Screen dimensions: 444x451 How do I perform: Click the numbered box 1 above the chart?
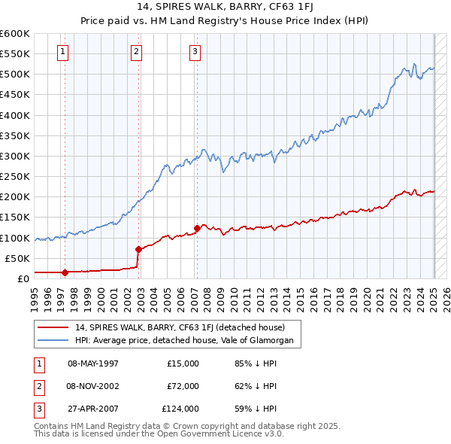(x=62, y=52)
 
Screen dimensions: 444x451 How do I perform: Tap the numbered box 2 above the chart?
(x=136, y=52)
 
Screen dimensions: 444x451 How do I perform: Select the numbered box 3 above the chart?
(x=195, y=52)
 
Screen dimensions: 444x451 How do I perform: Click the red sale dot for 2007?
(x=196, y=227)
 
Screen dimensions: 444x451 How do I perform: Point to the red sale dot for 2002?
(x=138, y=249)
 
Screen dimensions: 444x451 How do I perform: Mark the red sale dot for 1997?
(x=65, y=272)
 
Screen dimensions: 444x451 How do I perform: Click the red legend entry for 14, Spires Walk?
(x=180, y=327)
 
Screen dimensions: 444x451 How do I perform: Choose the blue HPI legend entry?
(x=188, y=340)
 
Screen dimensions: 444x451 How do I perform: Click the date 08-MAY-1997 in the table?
(x=93, y=363)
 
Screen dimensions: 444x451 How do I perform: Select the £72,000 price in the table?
(x=182, y=386)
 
